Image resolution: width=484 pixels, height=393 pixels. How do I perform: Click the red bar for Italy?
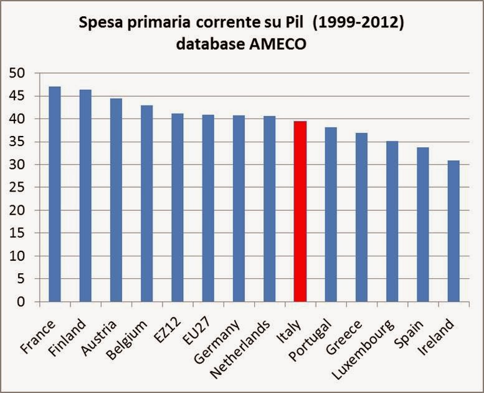point(300,211)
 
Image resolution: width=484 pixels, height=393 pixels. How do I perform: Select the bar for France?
point(55,194)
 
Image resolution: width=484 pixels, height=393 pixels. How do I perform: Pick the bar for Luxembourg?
point(392,221)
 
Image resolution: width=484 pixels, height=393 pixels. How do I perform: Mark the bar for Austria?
point(116,200)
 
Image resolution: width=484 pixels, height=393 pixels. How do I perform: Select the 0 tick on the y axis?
point(24,303)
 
